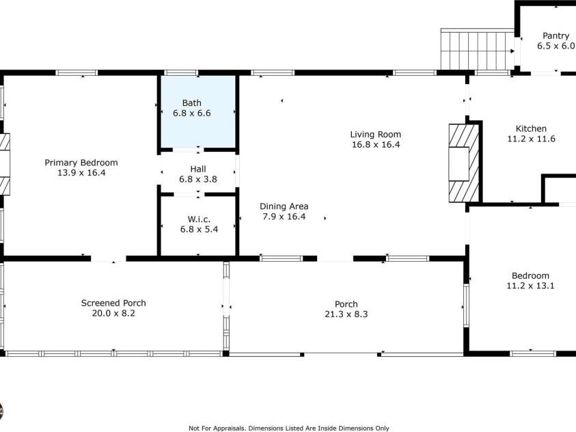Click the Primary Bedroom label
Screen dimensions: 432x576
(81, 163)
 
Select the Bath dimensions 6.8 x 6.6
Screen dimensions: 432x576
(191, 113)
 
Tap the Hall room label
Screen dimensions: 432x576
(197, 168)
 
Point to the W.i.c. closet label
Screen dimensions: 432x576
(198, 219)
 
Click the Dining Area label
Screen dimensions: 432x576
(284, 206)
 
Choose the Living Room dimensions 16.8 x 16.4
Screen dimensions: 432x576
(375, 145)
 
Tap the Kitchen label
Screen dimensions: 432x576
(530, 129)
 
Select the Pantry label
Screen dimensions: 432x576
(555, 36)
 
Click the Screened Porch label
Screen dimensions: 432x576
(113, 303)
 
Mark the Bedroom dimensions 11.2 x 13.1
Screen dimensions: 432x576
(530, 286)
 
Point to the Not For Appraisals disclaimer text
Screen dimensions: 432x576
(288, 428)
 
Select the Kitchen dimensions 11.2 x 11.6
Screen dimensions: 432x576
(530, 139)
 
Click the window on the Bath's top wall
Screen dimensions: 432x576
(181, 73)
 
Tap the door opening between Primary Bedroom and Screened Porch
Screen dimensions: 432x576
(109, 259)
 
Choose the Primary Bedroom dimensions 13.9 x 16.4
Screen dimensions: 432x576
(81, 173)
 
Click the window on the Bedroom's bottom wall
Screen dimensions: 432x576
(533, 353)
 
